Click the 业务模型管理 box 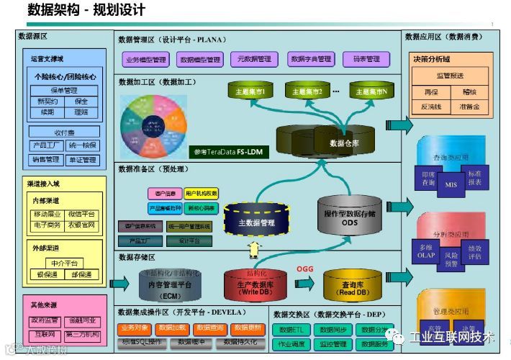point(145,60)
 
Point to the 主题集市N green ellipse point(373,91)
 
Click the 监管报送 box point(450,75)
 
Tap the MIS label point(451,184)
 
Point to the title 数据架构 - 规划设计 point(86,10)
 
